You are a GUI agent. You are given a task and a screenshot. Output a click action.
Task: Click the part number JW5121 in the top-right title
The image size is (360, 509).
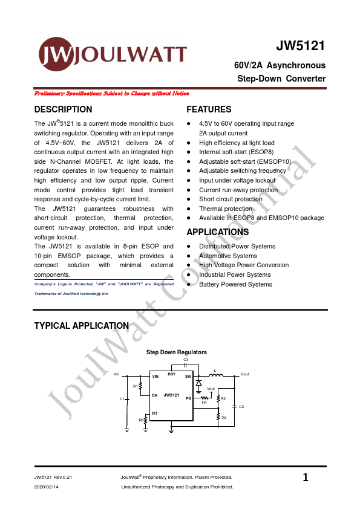click(301, 47)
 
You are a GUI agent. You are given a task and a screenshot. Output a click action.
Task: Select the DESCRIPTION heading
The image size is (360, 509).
click(64, 109)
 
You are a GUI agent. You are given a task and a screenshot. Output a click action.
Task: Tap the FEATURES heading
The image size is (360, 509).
click(209, 109)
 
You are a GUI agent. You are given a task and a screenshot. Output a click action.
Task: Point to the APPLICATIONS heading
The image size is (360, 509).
click(218, 232)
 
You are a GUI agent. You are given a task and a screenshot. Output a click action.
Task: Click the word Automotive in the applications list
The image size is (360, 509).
click(215, 256)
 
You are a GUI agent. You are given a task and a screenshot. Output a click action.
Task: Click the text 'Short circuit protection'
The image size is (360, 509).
click(231, 199)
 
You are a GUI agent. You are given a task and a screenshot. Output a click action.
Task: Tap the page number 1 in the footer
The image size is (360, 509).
click(306, 478)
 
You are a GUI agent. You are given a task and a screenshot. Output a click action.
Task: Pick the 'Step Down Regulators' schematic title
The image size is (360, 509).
click(177, 352)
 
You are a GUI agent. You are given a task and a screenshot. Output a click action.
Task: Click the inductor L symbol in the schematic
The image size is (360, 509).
click(215, 375)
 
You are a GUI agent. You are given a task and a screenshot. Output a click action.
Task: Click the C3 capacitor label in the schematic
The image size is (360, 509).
click(186, 360)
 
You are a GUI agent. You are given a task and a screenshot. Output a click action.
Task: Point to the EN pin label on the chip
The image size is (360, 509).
click(155, 395)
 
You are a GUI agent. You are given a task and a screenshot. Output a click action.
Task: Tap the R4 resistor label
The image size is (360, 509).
click(205, 403)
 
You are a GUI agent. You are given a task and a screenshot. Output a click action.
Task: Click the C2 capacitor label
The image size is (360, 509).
click(241, 407)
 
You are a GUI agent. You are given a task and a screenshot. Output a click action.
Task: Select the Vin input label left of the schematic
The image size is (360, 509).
click(117, 375)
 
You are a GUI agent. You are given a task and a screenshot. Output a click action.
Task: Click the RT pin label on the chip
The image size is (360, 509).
click(155, 413)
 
